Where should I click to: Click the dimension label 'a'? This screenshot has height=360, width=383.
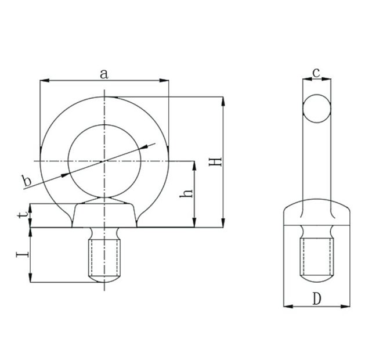(x=104, y=73)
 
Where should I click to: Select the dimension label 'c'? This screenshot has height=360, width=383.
(x=316, y=72)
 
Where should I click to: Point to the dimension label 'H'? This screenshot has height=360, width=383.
(x=215, y=161)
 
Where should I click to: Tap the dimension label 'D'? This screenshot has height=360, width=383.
(x=316, y=299)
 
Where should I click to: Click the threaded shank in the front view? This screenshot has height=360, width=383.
(x=104, y=256)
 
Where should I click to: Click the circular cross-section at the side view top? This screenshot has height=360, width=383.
(x=317, y=108)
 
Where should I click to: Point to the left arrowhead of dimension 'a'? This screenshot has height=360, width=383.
(x=43, y=81)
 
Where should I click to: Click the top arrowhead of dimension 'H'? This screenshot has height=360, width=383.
(x=223, y=100)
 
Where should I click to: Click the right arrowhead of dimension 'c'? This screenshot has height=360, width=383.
(x=328, y=80)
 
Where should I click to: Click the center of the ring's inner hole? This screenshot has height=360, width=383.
(x=104, y=160)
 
